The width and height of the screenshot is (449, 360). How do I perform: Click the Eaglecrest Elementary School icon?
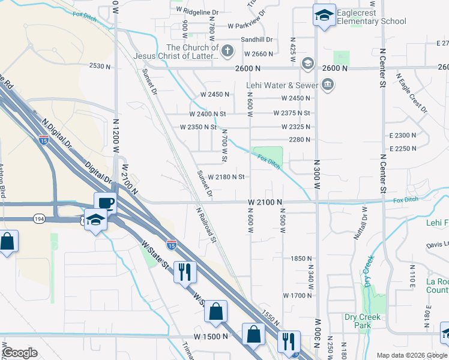click(324, 16)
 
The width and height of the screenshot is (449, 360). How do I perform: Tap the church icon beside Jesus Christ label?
click(227, 51)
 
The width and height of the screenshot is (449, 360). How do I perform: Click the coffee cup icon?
click(105, 203)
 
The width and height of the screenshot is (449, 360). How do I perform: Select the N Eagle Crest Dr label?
click(412, 93)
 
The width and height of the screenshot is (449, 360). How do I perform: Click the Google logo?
click(20, 353)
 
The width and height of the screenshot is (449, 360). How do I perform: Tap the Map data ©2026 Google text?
click(411, 355)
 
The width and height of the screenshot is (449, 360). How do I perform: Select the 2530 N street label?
click(100, 66)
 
